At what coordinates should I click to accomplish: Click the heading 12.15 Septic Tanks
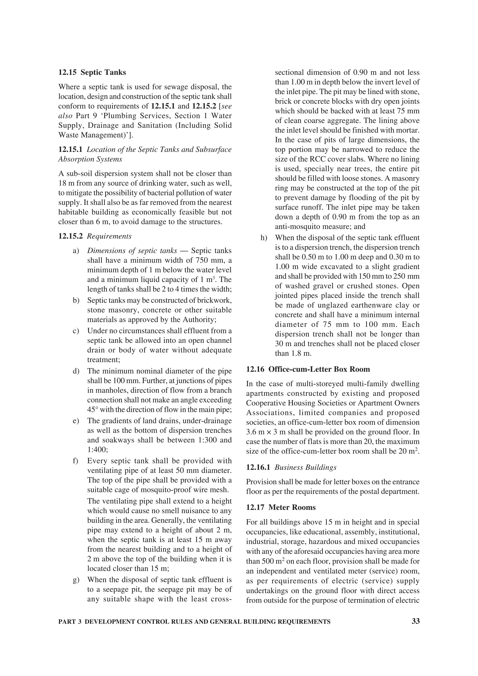[x=92, y=72]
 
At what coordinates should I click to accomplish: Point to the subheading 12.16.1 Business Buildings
[x=291, y=467]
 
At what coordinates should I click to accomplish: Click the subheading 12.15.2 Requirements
[x=95, y=236]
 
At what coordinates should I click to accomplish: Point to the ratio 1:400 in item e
[x=97, y=450]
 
